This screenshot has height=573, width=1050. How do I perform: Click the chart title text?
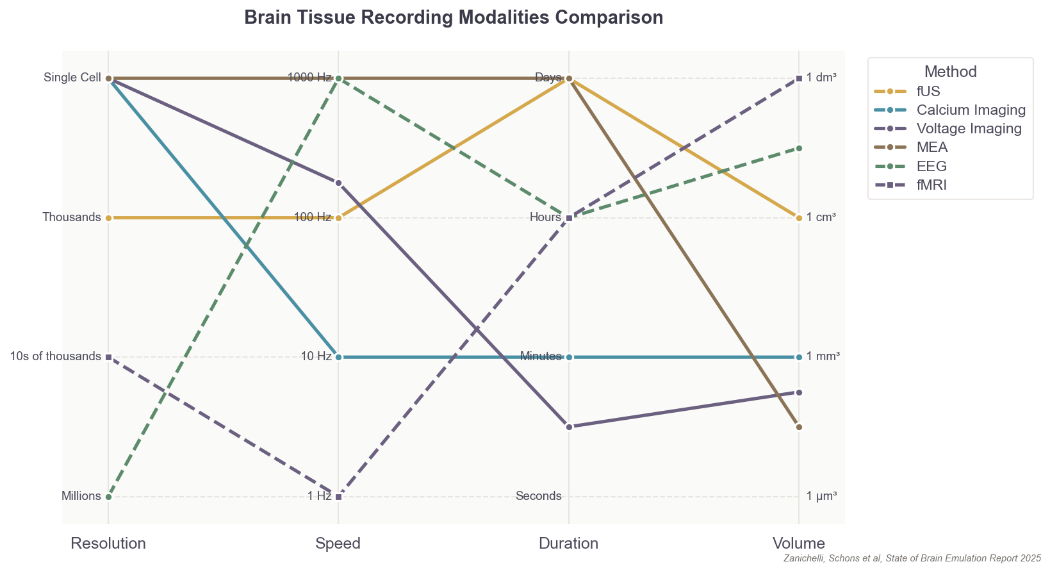(x=454, y=17)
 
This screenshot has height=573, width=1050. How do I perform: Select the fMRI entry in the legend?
(x=931, y=185)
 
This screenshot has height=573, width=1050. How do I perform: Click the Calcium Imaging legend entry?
(x=971, y=110)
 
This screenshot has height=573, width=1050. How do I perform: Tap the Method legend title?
(x=950, y=72)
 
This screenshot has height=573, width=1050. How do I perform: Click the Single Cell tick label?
(x=72, y=78)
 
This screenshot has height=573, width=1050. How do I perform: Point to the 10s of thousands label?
(x=56, y=356)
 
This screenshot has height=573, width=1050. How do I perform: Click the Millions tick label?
(x=81, y=496)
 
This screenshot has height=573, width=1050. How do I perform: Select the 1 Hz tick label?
(x=319, y=496)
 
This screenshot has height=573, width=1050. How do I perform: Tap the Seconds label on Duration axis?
(x=538, y=496)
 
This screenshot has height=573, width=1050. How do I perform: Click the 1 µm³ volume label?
(x=821, y=496)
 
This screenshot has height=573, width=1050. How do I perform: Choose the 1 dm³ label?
(x=821, y=78)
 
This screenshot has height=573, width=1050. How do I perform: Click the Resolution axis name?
(x=108, y=544)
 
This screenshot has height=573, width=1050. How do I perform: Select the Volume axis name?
(x=798, y=544)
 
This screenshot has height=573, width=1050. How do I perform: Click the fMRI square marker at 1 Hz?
(x=339, y=497)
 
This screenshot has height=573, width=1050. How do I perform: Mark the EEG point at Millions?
(x=109, y=497)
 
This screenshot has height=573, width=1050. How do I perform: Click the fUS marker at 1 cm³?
(x=799, y=218)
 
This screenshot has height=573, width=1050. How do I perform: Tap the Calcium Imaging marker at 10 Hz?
(x=339, y=357)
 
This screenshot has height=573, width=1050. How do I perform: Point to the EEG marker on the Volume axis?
(x=799, y=148)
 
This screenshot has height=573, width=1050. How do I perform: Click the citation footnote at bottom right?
(x=912, y=559)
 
